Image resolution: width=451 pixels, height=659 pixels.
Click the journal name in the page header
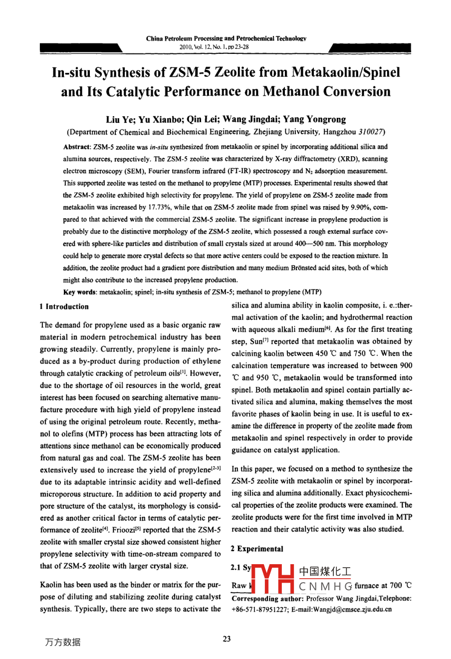[226, 38]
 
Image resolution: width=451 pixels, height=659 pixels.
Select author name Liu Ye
[119, 119]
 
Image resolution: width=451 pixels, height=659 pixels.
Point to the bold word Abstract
[76, 147]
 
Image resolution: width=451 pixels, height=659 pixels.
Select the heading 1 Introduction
[64, 307]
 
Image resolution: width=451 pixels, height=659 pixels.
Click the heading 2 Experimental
[257, 549]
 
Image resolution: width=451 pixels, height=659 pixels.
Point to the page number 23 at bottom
[227, 639]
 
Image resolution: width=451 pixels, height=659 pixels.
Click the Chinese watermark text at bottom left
[62, 643]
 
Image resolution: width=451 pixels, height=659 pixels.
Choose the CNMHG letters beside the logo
[326, 586]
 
